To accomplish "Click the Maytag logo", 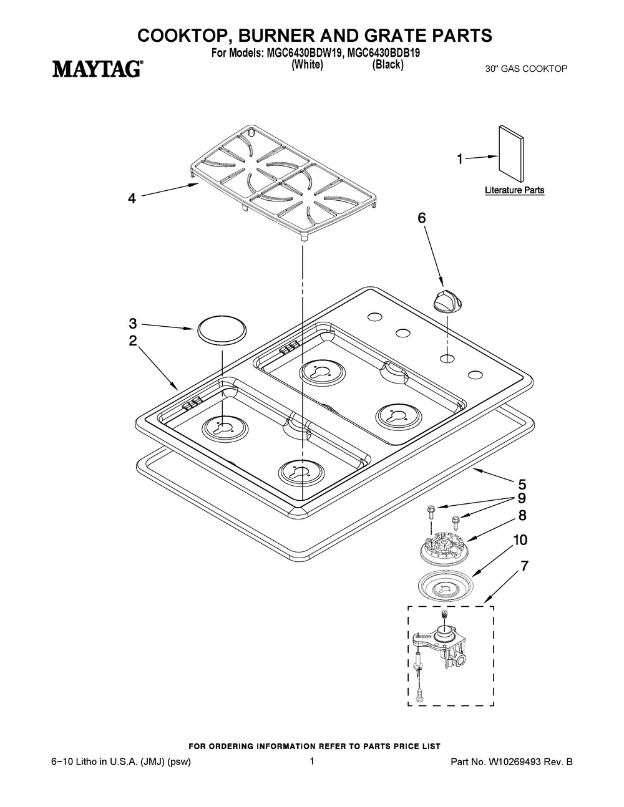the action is [96, 69].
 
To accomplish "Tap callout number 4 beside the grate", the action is [132, 199].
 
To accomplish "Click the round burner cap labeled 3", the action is [222, 331].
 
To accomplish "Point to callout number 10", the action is [520, 540].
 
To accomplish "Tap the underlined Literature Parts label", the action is [514, 190].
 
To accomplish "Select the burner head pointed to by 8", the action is [443, 549].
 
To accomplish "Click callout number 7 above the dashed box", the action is [524, 566].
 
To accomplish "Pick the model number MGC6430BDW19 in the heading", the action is [303, 53].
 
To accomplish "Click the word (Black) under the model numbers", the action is [388, 65].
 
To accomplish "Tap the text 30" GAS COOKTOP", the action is [526, 69].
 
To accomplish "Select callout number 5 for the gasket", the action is [522, 485].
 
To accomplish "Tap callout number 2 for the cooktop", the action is [132, 341].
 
